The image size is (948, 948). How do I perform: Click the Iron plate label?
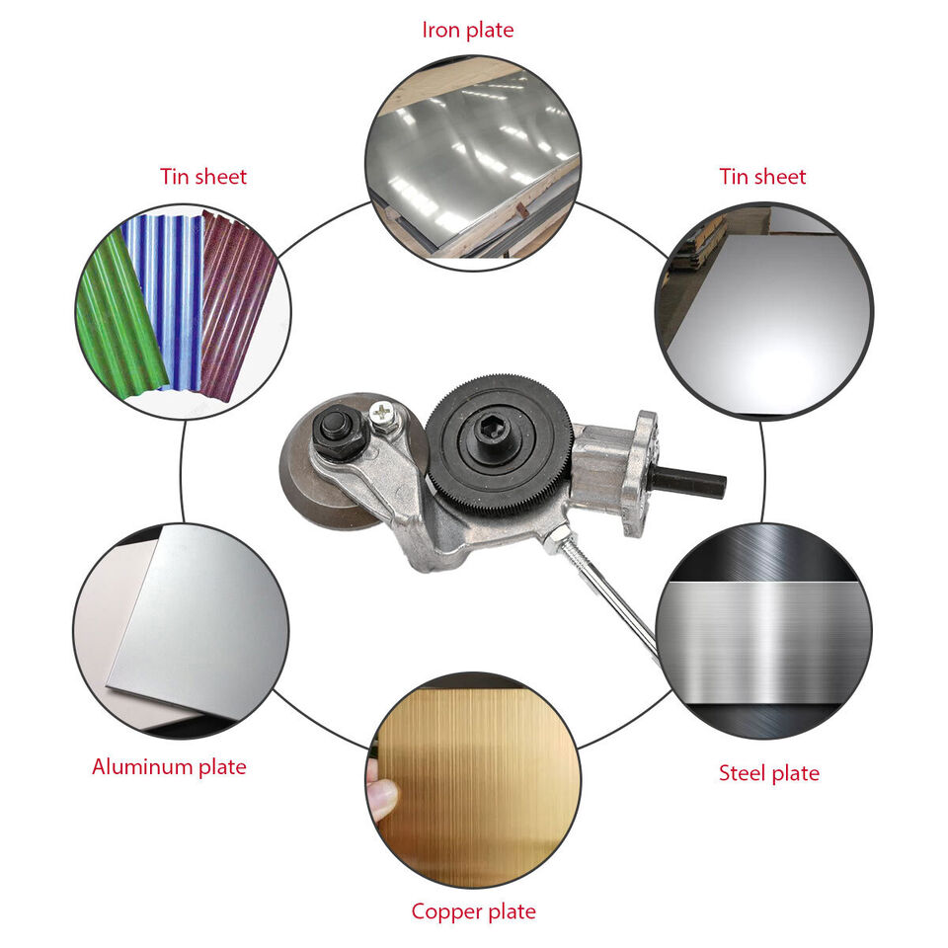tap(468, 30)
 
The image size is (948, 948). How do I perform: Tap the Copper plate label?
tap(473, 911)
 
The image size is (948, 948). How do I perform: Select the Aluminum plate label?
tap(169, 766)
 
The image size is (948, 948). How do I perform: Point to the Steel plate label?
tap(769, 772)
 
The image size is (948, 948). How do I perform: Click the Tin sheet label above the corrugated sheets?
tap(203, 177)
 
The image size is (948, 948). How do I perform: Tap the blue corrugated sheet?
tap(166, 299)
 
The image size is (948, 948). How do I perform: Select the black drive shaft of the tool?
tap(688, 482)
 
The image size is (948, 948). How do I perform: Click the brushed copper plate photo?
tap(473, 780)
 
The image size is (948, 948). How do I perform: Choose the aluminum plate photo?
tap(181, 631)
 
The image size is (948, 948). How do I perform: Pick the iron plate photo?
tap(473, 163)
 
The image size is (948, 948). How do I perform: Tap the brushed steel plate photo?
tap(763, 631)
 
